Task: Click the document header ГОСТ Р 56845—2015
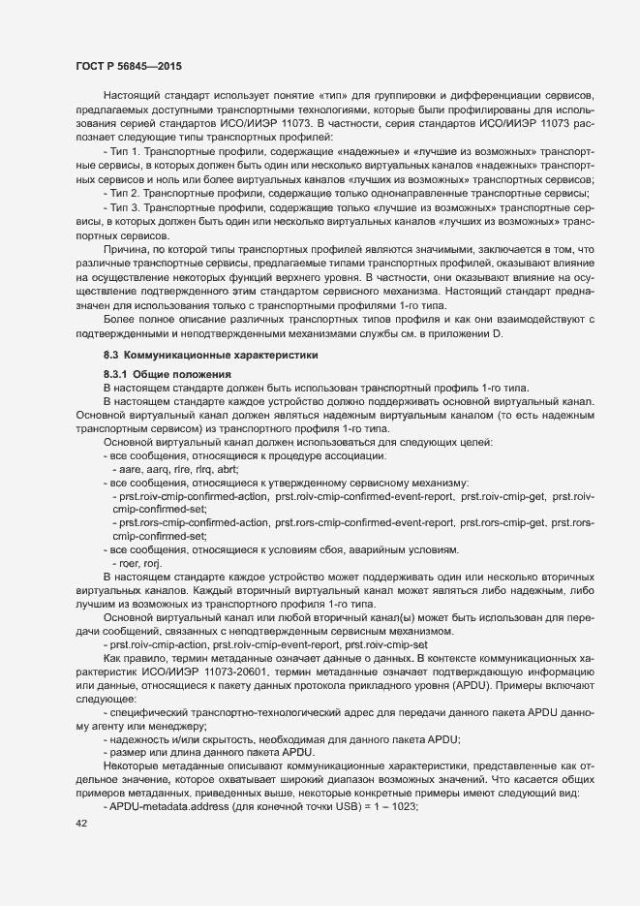click(x=128, y=66)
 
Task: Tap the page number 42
click(x=81, y=824)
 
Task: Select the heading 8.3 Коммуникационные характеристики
click(x=200, y=356)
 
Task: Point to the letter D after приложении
click(x=501, y=334)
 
